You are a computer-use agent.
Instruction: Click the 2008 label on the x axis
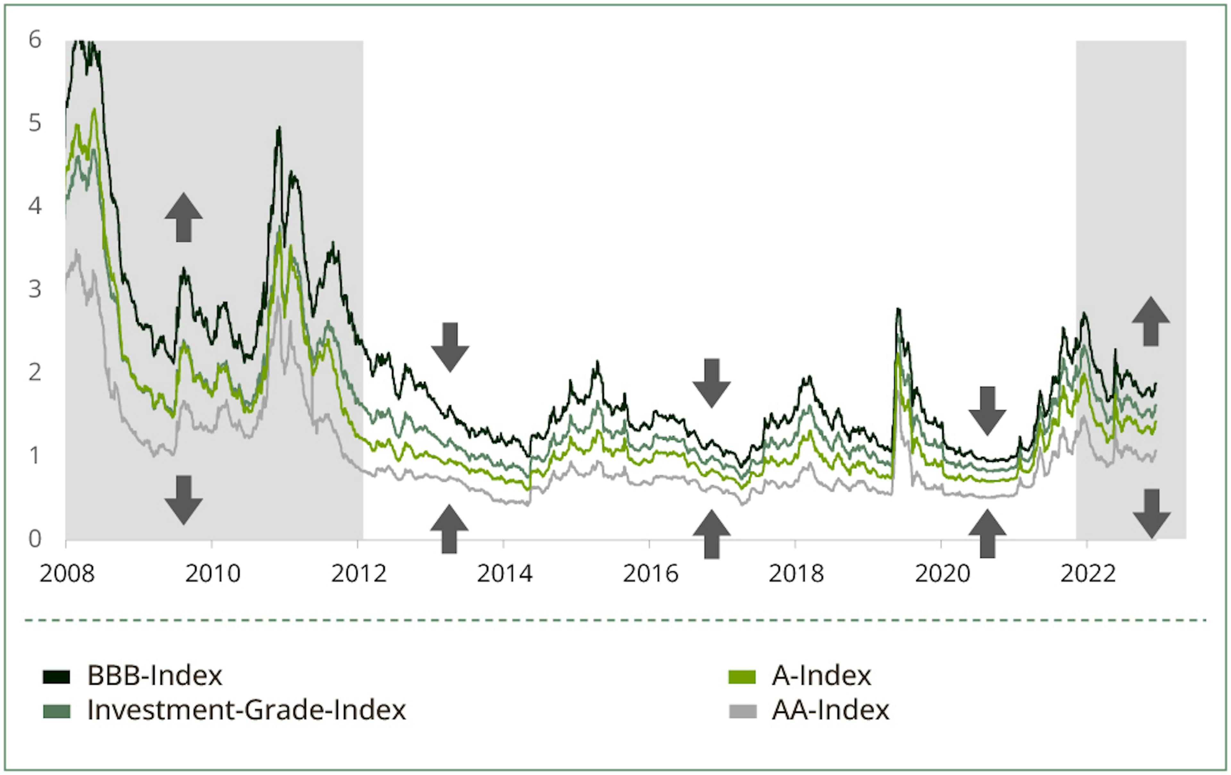tap(67, 574)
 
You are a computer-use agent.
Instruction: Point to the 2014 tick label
tap(505, 574)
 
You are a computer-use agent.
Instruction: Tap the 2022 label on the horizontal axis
tap(1088, 574)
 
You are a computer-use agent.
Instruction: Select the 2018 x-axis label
tap(796, 574)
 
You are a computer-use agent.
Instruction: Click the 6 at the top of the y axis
tap(35, 40)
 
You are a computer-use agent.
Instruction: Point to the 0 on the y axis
tap(35, 539)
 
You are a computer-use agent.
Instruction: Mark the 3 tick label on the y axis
tap(35, 289)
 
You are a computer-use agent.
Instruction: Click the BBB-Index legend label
tap(155, 676)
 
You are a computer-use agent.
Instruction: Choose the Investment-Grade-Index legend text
tap(247, 710)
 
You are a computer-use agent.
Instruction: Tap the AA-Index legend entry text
tap(830, 710)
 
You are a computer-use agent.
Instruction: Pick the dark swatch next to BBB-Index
tap(56, 677)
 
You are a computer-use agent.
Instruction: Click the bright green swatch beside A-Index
tap(742, 677)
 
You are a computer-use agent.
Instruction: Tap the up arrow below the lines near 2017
tap(712, 533)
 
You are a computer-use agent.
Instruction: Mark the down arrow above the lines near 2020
tap(988, 411)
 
